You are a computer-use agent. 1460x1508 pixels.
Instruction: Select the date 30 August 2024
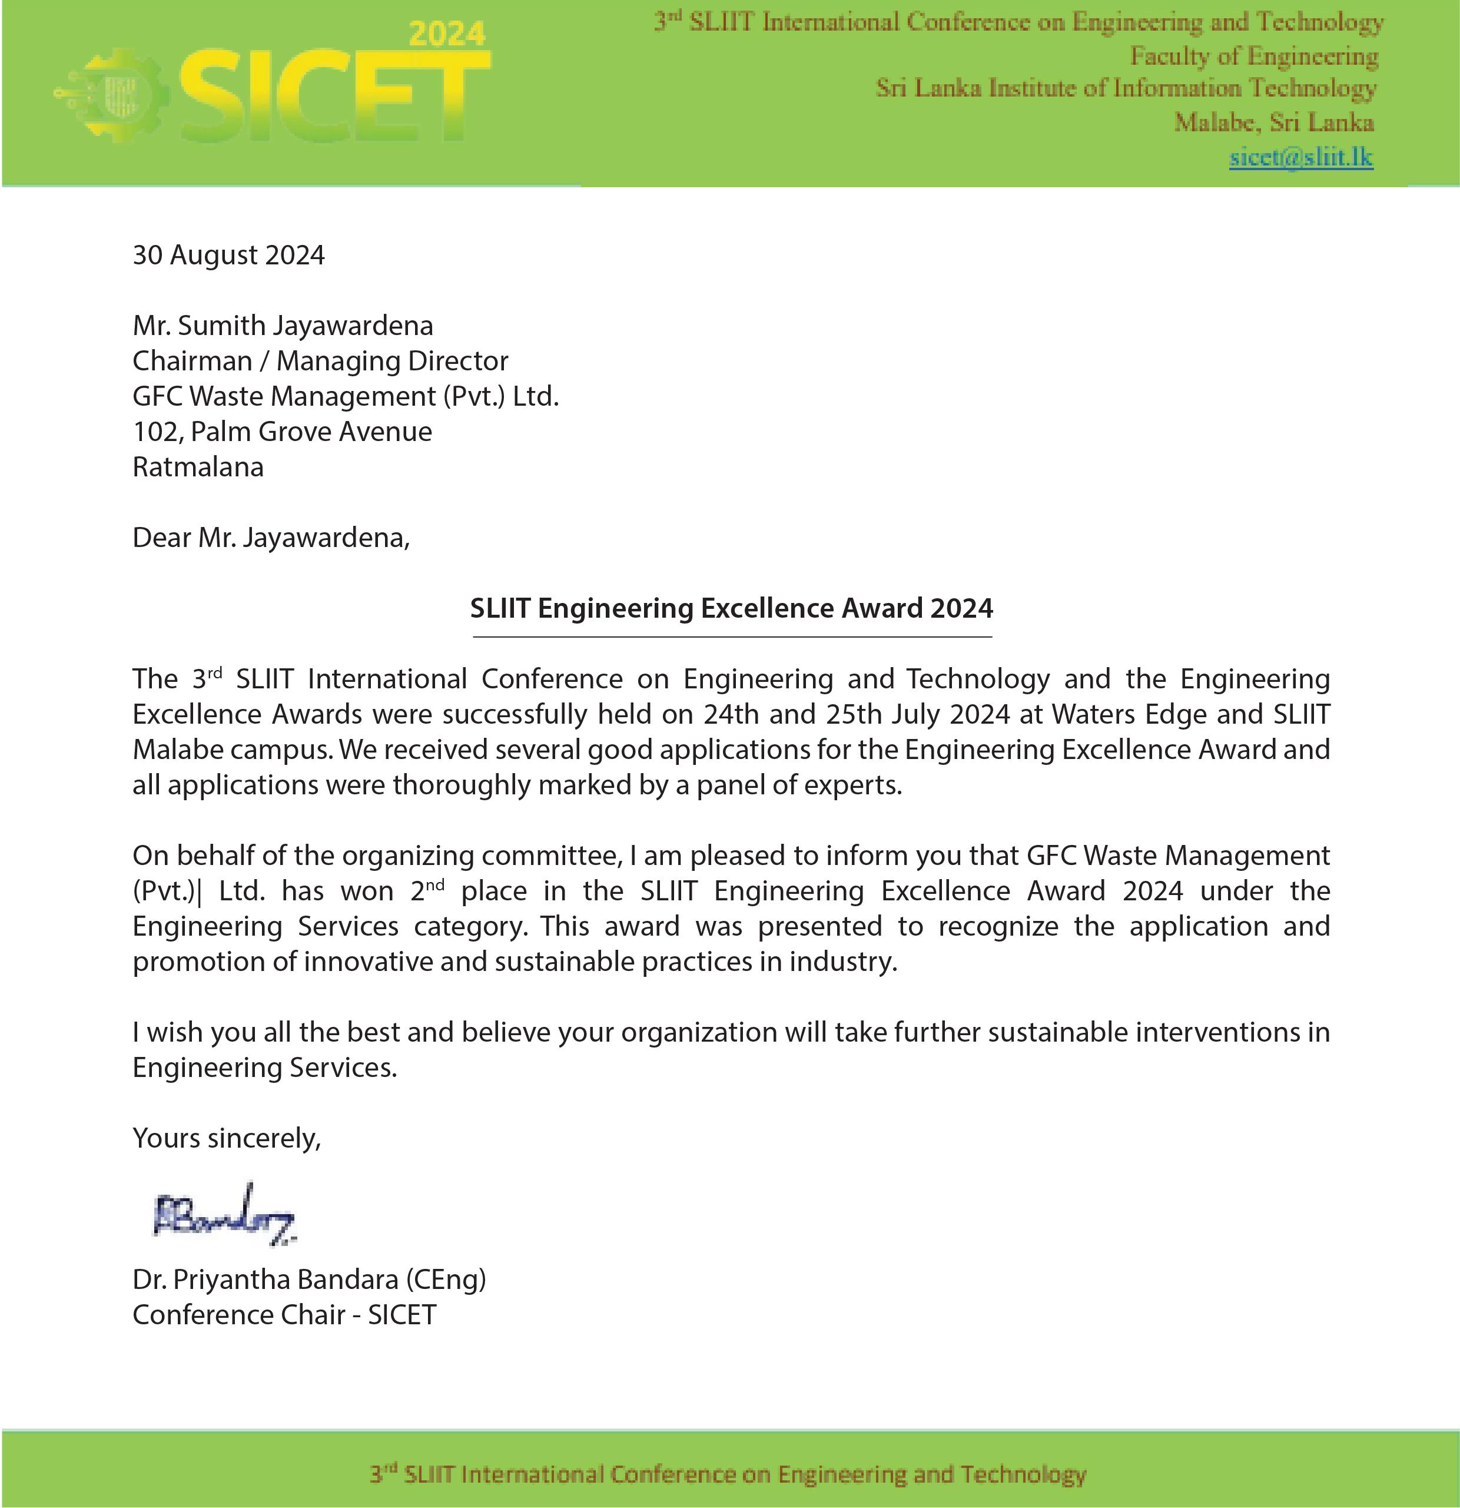pyautogui.click(x=228, y=254)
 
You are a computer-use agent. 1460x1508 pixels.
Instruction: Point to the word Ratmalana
pyautogui.click(x=198, y=467)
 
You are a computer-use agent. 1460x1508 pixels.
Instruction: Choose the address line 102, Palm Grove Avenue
pyautogui.click(x=283, y=432)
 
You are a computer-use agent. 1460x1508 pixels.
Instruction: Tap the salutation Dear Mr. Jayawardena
pyautogui.click(x=271, y=538)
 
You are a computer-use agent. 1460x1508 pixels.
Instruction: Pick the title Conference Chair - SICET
pyautogui.click(x=284, y=1315)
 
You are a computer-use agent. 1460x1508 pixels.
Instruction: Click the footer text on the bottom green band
pyautogui.click(x=728, y=1474)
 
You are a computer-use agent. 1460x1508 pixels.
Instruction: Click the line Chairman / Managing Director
pyautogui.click(x=320, y=361)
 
